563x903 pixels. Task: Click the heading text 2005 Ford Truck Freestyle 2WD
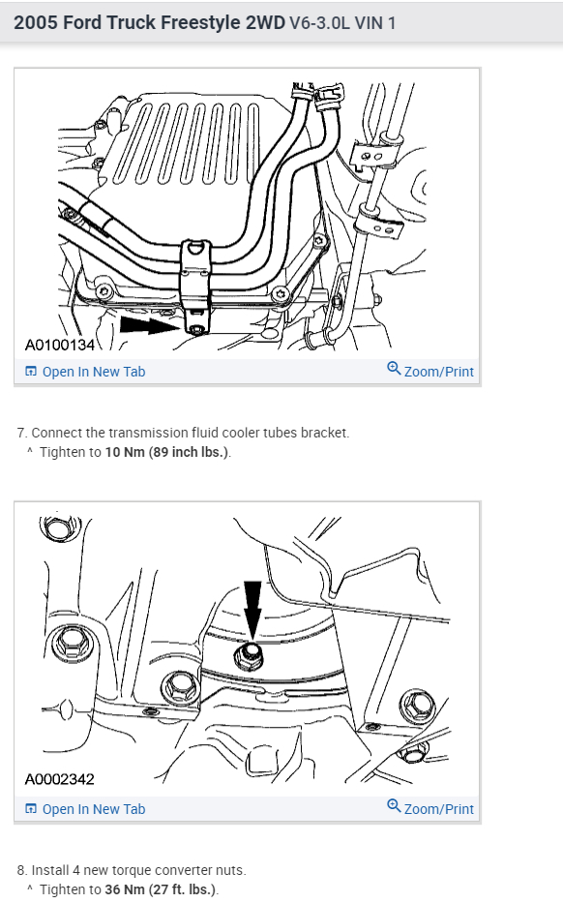point(149,22)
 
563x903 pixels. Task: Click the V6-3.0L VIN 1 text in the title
point(342,23)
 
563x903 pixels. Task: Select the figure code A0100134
point(59,345)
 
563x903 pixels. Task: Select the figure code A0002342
point(59,779)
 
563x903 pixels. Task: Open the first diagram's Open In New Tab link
point(85,372)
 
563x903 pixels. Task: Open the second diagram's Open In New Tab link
point(85,809)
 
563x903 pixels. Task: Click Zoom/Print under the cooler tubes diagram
point(438,372)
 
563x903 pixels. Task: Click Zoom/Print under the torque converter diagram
point(438,809)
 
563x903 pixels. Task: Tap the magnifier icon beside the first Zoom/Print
point(394,368)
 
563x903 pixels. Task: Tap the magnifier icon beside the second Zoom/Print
point(394,805)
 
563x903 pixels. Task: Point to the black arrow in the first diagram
point(151,325)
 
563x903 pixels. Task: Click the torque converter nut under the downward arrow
point(250,656)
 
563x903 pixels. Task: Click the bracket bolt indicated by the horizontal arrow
point(197,329)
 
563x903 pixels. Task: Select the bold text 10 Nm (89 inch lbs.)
point(167,452)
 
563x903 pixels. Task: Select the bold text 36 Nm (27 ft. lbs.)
point(161,889)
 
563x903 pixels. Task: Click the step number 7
point(20,433)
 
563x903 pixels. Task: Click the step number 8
point(21,870)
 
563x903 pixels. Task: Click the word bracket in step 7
point(328,433)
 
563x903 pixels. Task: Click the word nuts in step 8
point(233,871)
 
